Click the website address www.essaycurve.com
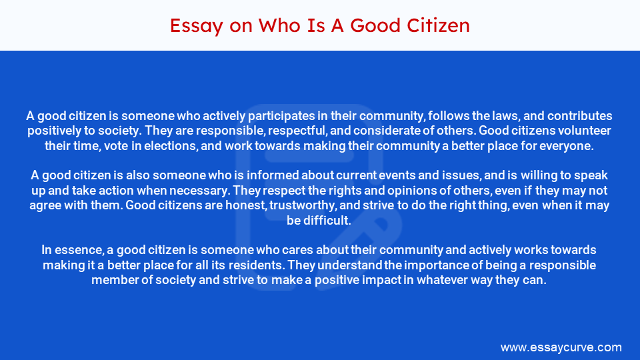tap(561, 347)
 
